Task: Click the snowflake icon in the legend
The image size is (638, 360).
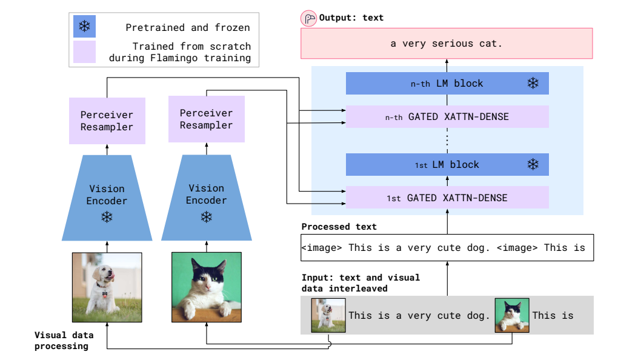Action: [84, 27]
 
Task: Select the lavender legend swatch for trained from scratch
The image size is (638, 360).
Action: [84, 52]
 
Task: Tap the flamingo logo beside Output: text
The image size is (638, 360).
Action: [308, 18]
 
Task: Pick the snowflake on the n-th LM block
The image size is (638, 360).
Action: [533, 83]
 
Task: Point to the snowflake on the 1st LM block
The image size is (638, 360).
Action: [533, 164]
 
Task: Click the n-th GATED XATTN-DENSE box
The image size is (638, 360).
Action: [447, 117]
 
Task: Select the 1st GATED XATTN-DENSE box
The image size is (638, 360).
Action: [447, 198]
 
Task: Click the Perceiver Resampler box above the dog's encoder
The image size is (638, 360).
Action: [107, 121]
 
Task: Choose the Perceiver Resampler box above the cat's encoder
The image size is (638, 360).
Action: [206, 119]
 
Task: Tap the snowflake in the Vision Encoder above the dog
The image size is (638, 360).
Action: [107, 217]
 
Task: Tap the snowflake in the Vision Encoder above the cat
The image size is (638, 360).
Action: [206, 217]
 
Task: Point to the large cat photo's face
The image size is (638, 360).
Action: [208, 278]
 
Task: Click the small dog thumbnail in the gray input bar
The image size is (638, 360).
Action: [328, 315]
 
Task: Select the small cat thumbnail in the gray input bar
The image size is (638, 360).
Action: [512, 315]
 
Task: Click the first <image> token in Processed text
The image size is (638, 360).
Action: [322, 248]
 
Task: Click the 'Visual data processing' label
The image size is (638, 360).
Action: [64, 341]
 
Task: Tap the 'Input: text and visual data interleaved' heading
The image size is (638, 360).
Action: [361, 282]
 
